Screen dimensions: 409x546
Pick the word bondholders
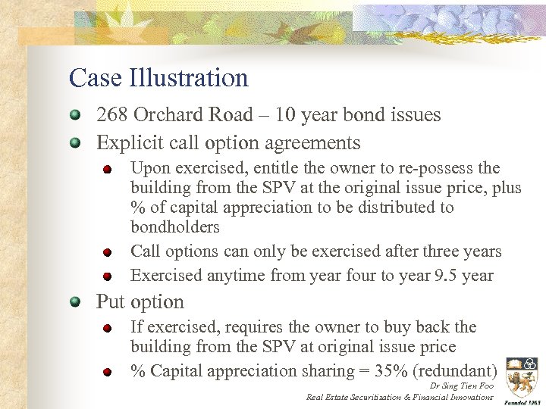point(175,227)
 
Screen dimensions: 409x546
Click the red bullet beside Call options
point(109,252)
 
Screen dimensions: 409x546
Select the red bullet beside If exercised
point(109,329)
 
